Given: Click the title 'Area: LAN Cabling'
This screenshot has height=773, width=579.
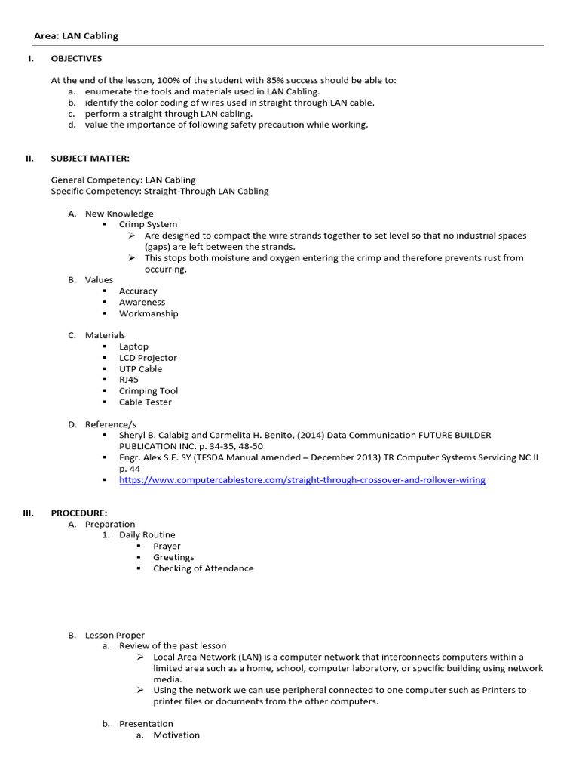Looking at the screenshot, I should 76,35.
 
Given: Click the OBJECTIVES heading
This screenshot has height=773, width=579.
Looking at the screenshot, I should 76,58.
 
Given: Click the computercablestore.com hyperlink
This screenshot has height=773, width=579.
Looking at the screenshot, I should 302,480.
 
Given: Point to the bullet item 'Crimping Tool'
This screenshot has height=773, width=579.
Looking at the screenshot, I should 149,391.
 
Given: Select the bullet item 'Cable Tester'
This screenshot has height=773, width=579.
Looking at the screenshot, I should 145,402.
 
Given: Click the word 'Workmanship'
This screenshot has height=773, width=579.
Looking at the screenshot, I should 149,313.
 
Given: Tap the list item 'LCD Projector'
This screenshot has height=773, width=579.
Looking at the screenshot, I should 148,358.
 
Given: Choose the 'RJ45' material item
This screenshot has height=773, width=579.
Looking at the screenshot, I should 129,380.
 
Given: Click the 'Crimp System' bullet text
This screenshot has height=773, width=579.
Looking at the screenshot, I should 148,224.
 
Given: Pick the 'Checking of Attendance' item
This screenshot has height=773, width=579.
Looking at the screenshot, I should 203,568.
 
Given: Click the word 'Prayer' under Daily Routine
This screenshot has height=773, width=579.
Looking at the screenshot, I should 167,546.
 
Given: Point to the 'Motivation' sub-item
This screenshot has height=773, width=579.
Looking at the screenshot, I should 176,735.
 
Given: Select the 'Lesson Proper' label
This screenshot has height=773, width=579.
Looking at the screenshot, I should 115,635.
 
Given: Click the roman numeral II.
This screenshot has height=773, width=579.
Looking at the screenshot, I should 29,158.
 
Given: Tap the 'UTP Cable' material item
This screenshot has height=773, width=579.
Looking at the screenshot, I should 140,369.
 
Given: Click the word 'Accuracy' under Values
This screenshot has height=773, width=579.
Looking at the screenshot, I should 138,291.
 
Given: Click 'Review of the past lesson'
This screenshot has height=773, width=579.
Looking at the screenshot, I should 173,645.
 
